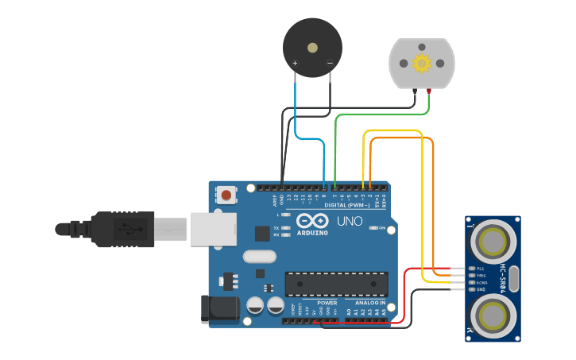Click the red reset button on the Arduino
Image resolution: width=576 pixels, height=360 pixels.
pos(227,195)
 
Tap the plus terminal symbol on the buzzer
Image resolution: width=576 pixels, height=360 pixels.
pos(296,63)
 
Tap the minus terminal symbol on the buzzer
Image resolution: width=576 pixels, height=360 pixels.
pos(330,63)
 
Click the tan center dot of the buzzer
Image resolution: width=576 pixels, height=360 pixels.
pos(312,48)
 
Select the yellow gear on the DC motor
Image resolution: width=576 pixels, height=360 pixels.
pos(421,63)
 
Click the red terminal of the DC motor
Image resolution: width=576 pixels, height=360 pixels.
pos(429,91)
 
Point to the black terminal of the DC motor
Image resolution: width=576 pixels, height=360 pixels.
pos(415,91)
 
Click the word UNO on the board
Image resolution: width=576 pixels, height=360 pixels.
pos(350,222)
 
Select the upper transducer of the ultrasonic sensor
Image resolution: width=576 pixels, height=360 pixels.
pos(493,240)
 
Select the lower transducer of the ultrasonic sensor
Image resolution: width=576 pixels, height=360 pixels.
pos(493,316)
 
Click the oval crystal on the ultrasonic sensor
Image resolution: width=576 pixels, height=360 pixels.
pos(513,278)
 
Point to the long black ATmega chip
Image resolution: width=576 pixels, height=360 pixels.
pos(337,284)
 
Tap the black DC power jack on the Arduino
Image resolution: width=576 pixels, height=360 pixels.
pos(219,308)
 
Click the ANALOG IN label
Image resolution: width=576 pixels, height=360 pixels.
pos(369,303)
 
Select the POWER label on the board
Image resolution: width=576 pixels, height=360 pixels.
pos(327,303)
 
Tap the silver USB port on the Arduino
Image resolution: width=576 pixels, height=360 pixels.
pos(213,229)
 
